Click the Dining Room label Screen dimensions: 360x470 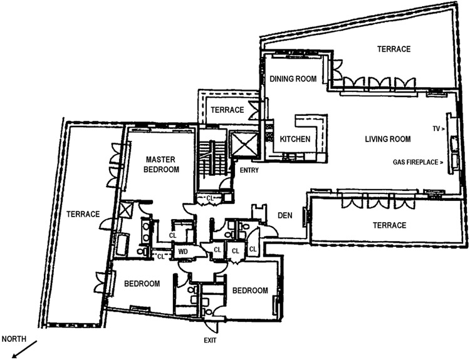[292, 79]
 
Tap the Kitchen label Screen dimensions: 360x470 [295, 139]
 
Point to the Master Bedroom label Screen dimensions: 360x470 [158, 164]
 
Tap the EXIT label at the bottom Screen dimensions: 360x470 [212, 341]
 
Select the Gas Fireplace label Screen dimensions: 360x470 [416, 162]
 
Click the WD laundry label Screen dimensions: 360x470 [184, 252]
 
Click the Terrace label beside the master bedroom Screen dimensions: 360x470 [83, 214]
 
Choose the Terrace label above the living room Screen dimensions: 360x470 [393, 49]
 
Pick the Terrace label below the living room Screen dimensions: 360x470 [389, 225]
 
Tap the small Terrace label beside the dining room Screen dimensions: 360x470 [226, 110]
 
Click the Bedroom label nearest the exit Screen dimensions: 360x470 [250, 291]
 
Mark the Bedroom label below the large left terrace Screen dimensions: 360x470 [142, 283]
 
